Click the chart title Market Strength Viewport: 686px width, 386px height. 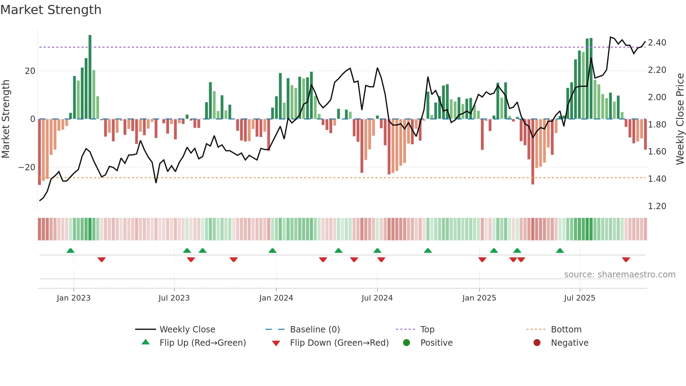click(51, 10)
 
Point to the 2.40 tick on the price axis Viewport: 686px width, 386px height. click(657, 43)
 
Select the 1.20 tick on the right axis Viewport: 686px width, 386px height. click(657, 206)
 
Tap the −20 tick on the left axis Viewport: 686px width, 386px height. click(27, 167)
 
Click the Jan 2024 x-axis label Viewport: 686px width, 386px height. click(276, 298)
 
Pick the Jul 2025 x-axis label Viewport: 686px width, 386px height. click(579, 298)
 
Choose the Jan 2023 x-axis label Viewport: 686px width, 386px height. click(73, 298)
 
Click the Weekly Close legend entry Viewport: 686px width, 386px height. click(187, 330)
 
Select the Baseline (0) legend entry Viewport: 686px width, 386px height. click(315, 330)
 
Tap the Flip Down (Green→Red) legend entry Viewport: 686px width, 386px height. click(339, 343)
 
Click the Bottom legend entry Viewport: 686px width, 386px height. click(566, 330)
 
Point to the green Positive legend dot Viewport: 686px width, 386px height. click(406, 343)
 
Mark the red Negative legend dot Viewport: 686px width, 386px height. click(537, 343)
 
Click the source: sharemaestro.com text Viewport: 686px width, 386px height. click(619, 275)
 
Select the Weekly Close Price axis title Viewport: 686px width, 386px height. click(680, 119)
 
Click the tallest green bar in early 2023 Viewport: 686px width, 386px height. click(90, 77)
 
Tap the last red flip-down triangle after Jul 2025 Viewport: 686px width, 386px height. click(626, 260)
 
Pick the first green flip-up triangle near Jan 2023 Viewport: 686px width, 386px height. click(70, 250)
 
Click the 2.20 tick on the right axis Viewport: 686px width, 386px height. click(657, 70)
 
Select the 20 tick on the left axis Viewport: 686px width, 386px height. click(30, 71)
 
